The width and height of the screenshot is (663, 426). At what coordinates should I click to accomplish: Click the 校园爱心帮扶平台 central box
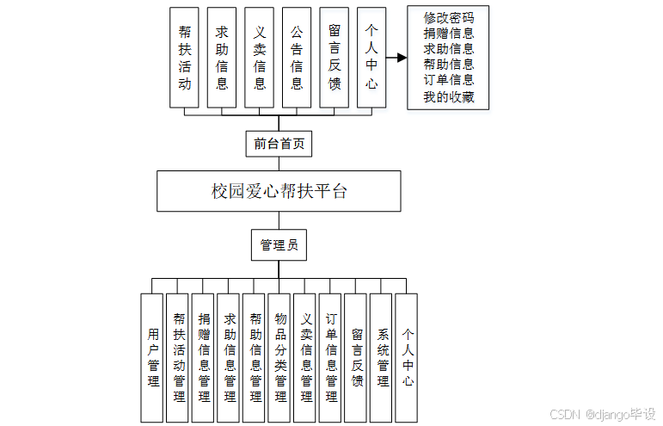click(279, 191)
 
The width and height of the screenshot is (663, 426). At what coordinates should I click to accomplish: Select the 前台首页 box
click(279, 144)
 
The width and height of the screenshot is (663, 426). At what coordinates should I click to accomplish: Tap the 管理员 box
click(279, 245)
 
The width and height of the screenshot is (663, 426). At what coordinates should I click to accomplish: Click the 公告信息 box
click(296, 57)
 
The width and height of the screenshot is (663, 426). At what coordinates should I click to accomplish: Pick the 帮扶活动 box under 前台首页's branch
click(184, 57)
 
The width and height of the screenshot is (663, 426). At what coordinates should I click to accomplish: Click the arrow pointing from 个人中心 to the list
click(396, 59)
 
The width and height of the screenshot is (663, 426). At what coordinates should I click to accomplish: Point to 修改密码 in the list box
click(448, 18)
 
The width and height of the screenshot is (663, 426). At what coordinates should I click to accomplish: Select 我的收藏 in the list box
click(448, 96)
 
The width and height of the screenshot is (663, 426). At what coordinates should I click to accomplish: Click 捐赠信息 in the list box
click(448, 34)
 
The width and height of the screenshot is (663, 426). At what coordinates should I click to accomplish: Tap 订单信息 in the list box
click(448, 80)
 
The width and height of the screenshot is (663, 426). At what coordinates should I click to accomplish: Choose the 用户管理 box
click(152, 357)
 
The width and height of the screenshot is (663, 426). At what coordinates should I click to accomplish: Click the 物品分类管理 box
click(279, 357)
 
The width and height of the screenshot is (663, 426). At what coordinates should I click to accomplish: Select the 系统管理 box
click(382, 357)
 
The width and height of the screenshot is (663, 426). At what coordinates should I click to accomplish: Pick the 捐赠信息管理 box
click(204, 357)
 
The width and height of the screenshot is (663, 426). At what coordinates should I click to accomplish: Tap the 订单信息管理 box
click(331, 357)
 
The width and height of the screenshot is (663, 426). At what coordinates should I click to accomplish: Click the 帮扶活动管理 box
click(178, 357)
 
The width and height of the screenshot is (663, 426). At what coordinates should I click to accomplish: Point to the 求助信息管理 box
click(229, 357)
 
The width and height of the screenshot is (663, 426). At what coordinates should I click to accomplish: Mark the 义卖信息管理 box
click(305, 357)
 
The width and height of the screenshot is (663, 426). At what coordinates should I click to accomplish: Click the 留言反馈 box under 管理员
click(356, 357)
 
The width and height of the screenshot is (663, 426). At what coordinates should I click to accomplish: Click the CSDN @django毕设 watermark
click(603, 413)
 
